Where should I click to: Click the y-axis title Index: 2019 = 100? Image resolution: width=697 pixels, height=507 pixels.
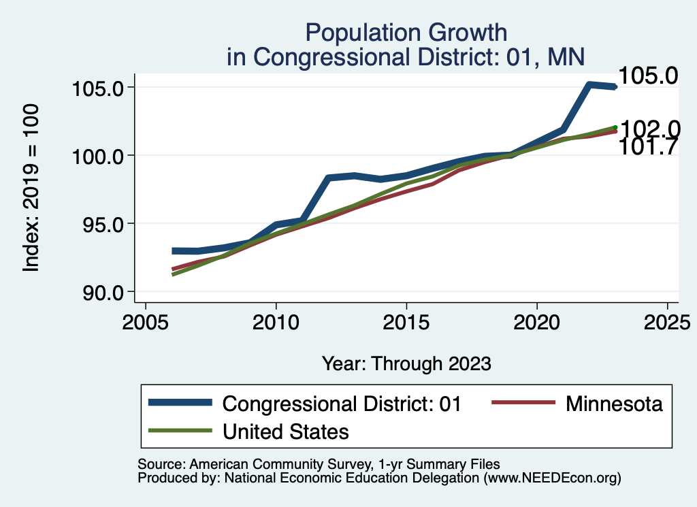pos(31,189)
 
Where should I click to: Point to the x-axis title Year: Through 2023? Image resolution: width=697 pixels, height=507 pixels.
pos(406,363)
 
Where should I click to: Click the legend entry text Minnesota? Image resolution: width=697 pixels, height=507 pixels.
pos(613,404)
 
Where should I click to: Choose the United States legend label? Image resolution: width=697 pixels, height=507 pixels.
pos(286,431)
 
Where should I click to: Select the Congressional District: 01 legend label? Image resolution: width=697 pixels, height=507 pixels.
pos(342,404)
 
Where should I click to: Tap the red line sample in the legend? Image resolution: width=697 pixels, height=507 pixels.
pos(522,404)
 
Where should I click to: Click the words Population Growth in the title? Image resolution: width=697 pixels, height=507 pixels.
pos(406,32)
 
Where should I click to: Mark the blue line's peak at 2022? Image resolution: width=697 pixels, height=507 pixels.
pos(589,85)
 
